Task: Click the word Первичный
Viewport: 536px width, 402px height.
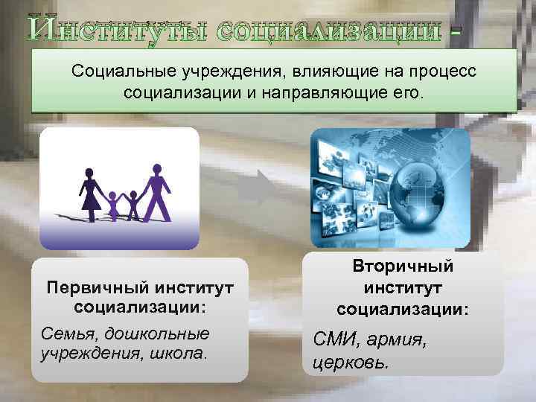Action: point(91,287)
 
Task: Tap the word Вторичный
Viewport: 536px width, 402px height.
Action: point(403,267)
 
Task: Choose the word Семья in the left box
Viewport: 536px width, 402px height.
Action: point(67,332)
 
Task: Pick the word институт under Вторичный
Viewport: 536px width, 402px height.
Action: point(403,287)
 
